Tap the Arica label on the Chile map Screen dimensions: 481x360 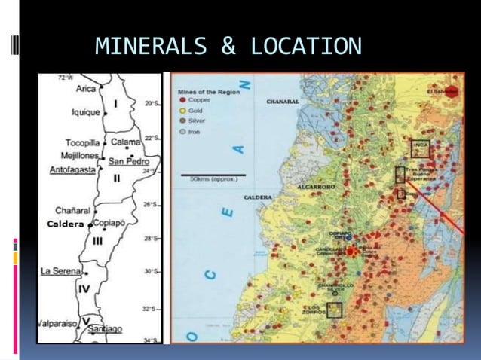click(x=87, y=88)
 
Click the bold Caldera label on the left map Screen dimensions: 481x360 click(x=66, y=224)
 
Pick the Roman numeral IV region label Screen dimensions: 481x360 click(x=84, y=288)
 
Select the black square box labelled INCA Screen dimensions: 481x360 click(x=420, y=148)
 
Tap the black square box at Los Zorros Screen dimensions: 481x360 click(x=334, y=310)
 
